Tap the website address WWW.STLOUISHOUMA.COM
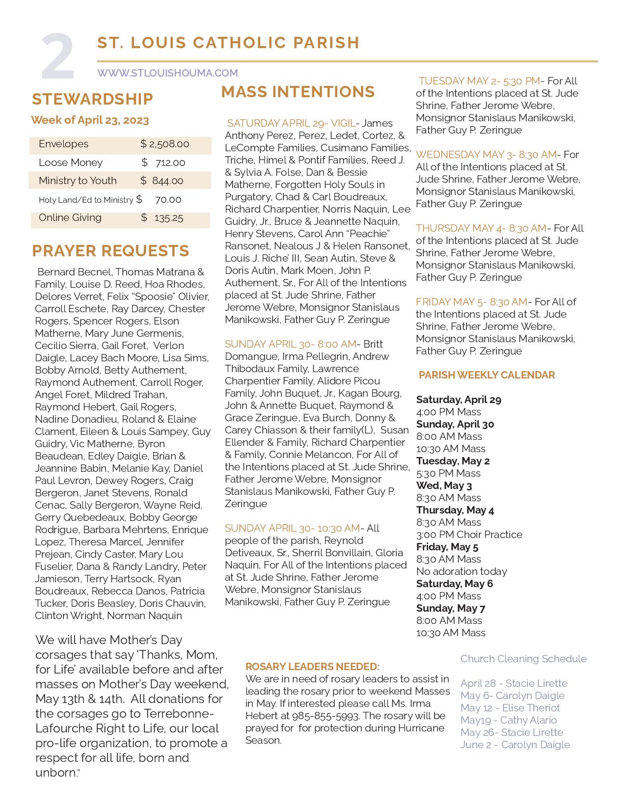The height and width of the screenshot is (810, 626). coord(167,73)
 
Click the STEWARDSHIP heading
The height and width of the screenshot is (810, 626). coord(92,99)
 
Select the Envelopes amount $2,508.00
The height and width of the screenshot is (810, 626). coord(164,144)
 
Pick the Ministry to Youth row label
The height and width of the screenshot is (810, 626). coord(78,181)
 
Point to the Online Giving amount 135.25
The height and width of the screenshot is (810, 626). coord(168,218)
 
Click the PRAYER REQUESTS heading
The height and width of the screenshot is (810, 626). coord(110,251)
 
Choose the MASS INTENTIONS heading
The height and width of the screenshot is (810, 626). coord(298,92)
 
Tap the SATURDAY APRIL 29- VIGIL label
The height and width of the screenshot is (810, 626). coord(291,123)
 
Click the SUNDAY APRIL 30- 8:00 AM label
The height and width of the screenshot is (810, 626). coord(291,344)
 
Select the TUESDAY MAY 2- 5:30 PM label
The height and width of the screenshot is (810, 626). coord(479,81)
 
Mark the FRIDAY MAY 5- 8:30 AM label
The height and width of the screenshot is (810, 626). coord(471,302)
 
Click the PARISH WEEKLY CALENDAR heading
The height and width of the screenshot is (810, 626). coord(487,375)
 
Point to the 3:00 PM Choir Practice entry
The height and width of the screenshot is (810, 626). coord(469,535)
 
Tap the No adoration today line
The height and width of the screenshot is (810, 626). coord(462,571)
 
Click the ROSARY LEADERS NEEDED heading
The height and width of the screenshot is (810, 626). coord(312,667)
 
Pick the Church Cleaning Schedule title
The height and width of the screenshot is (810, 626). coord(523,659)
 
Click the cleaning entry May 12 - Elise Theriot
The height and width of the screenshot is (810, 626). coord(510,708)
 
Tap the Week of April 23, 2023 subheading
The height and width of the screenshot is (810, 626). coord(90,120)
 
